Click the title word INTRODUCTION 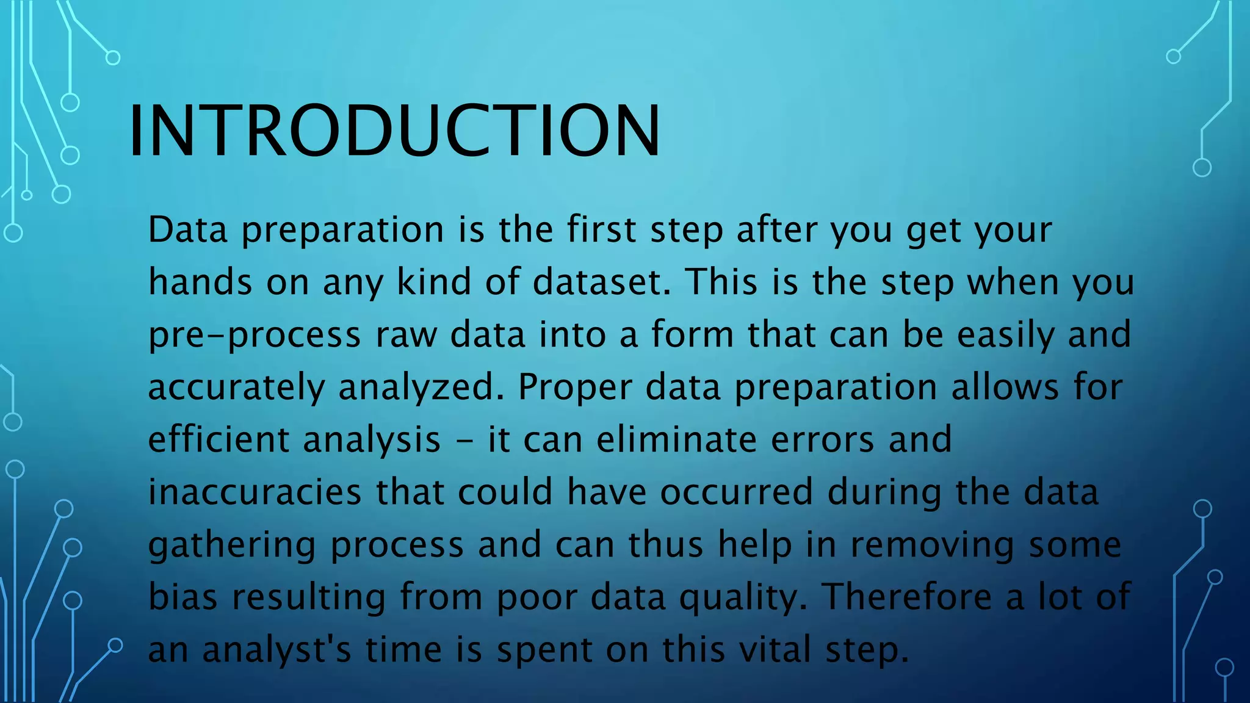394,131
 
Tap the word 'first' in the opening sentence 601,230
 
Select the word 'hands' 200,283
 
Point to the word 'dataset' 601,283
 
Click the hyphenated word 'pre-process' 255,336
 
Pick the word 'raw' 406,336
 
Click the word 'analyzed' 421,388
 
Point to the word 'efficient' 219,439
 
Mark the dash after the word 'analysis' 464,441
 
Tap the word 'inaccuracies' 255,492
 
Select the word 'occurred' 736,492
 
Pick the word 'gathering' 232,545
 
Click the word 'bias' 182,597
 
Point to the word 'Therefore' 906,597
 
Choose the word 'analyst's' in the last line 276,650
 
